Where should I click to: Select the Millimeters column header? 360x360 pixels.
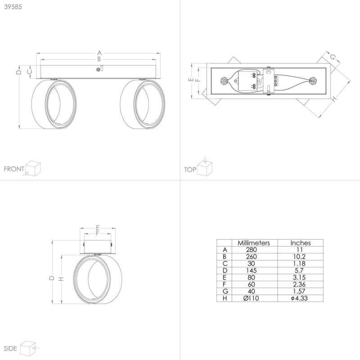(x=253, y=243)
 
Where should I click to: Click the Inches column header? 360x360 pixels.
(x=300, y=243)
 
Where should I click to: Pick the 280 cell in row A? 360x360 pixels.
(x=253, y=249)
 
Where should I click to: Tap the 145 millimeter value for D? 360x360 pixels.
(x=253, y=270)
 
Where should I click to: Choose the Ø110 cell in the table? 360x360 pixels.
(x=253, y=298)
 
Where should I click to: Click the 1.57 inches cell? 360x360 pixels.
(x=300, y=291)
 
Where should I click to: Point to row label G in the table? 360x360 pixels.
(x=225, y=291)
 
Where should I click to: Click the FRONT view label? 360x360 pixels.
(x=13, y=169)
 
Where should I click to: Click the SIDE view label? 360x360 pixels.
(x=10, y=349)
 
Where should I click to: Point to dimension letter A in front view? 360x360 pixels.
(x=99, y=52)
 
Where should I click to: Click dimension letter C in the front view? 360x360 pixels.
(x=29, y=71)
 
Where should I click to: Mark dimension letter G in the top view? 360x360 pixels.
(x=333, y=57)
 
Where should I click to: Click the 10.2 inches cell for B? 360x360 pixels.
(x=300, y=256)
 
